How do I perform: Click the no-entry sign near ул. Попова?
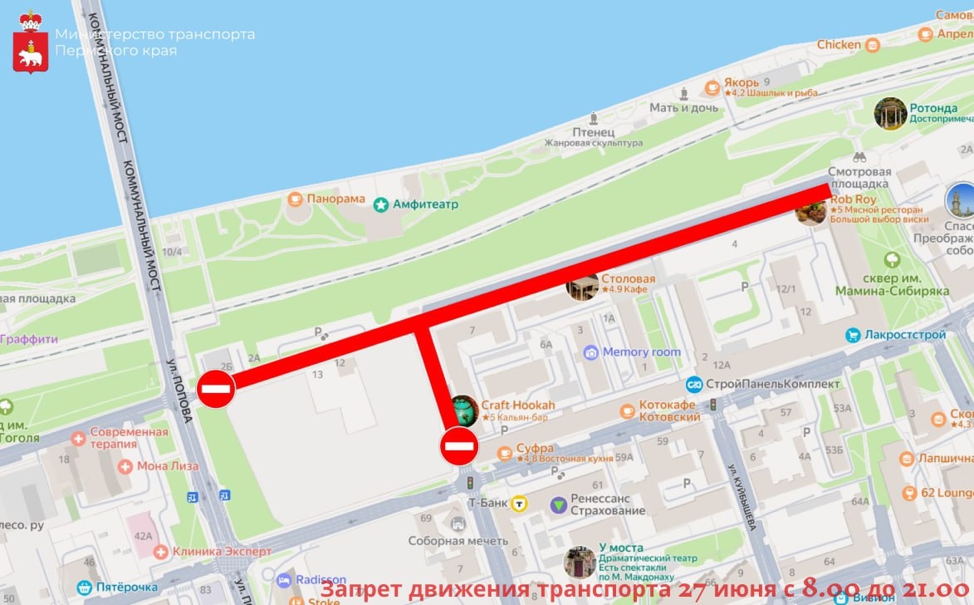(216, 389)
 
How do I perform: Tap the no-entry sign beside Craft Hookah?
(458, 446)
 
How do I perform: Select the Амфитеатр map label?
(424, 204)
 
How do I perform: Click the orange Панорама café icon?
(295, 199)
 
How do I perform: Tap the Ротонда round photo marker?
(890, 113)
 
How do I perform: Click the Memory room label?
(641, 352)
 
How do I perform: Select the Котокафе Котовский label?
(669, 411)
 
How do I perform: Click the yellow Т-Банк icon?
(520, 503)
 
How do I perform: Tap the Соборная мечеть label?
(458, 540)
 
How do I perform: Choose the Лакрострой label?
(905, 335)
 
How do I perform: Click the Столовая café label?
(628, 279)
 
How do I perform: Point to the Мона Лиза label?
(167, 466)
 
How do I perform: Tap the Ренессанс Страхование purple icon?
(560, 504)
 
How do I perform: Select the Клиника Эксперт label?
(222, 551)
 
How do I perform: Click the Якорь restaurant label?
(741, 82)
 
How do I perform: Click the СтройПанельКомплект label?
(773, 384)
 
